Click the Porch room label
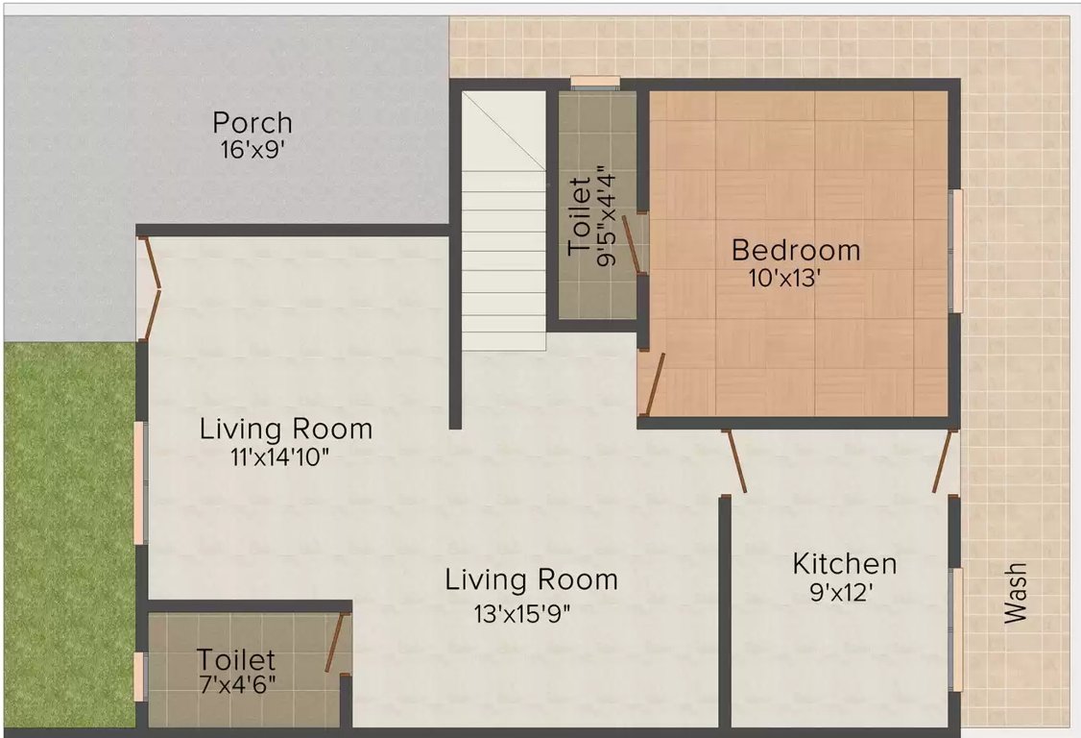pyautogui.click(x=252, y=123)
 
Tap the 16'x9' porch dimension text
pyautogui.click(x=252, y=150)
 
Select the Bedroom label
pyautogui.click(x=796, y=250)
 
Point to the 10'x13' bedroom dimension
pyautogui.click(x=785, y=279)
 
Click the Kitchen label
pyautogui.click(x=845, y=564)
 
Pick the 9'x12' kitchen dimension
pyautogui.click(x=842, y=592)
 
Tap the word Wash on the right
pyautogui.click(x=1016, y=593)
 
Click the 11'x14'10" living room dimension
pyautogui.click(x=280, y=457)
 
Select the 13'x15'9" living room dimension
pyautogui.click(x=522, y=613)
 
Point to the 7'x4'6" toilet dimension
pyautogui.click(x=238, y=685)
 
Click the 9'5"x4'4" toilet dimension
pyautogui.click(x=606, y=215)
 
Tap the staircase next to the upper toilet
pyautogui.click(x=504, y=220)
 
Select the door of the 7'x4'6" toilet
pyautogui.click(x=336, y=643)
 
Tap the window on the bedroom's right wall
pyautogui.click(x=957, y=251)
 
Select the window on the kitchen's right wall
pyautogui.click(x=957, y=628)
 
